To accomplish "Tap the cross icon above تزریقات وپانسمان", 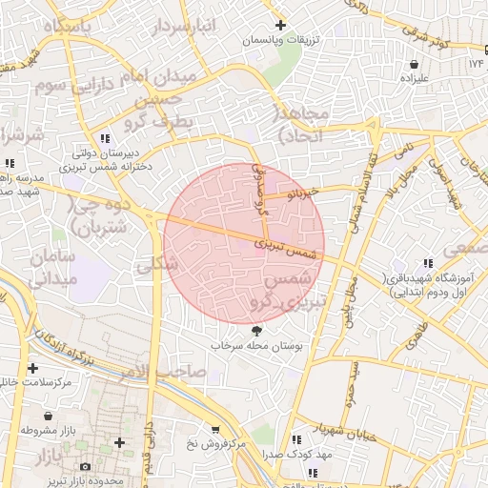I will pyautogui.click(x=279, y=25).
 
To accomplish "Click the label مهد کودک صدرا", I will pyautogui.click(x=297, y=456).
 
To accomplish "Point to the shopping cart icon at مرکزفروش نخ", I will pyautogui.click(x=216, y=430).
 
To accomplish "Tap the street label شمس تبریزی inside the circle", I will pyautogui.click(x=284, y=250).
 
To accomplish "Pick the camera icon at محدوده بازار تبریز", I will pyautogui.click(x=86, y=467).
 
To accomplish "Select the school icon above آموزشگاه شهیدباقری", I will pyautogui.click(x=428, y=263).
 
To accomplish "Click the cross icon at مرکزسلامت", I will pyautogui.click(x=33, y=367).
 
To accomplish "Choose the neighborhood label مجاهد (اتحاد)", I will pyautogui.click(x=303, y=125).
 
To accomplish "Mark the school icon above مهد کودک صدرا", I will pyautogui.click(x=297, y=439).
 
